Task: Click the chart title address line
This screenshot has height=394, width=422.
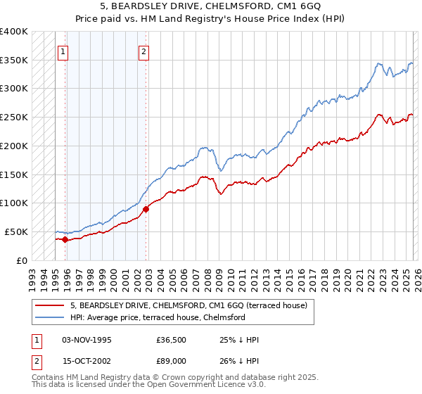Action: point(211,6)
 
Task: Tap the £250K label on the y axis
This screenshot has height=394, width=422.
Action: point(13,117)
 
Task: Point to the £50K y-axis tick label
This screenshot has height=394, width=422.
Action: point(15,231)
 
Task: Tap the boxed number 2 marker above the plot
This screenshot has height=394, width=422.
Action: point(144,51)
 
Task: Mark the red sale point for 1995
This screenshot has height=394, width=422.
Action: point(65,239)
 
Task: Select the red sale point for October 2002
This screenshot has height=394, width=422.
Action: point(146,209)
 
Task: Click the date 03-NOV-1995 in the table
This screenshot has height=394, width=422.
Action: point(87,340)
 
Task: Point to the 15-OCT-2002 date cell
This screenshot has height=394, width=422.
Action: point(87,361)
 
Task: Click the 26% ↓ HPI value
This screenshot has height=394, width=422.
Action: point(240,361)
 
